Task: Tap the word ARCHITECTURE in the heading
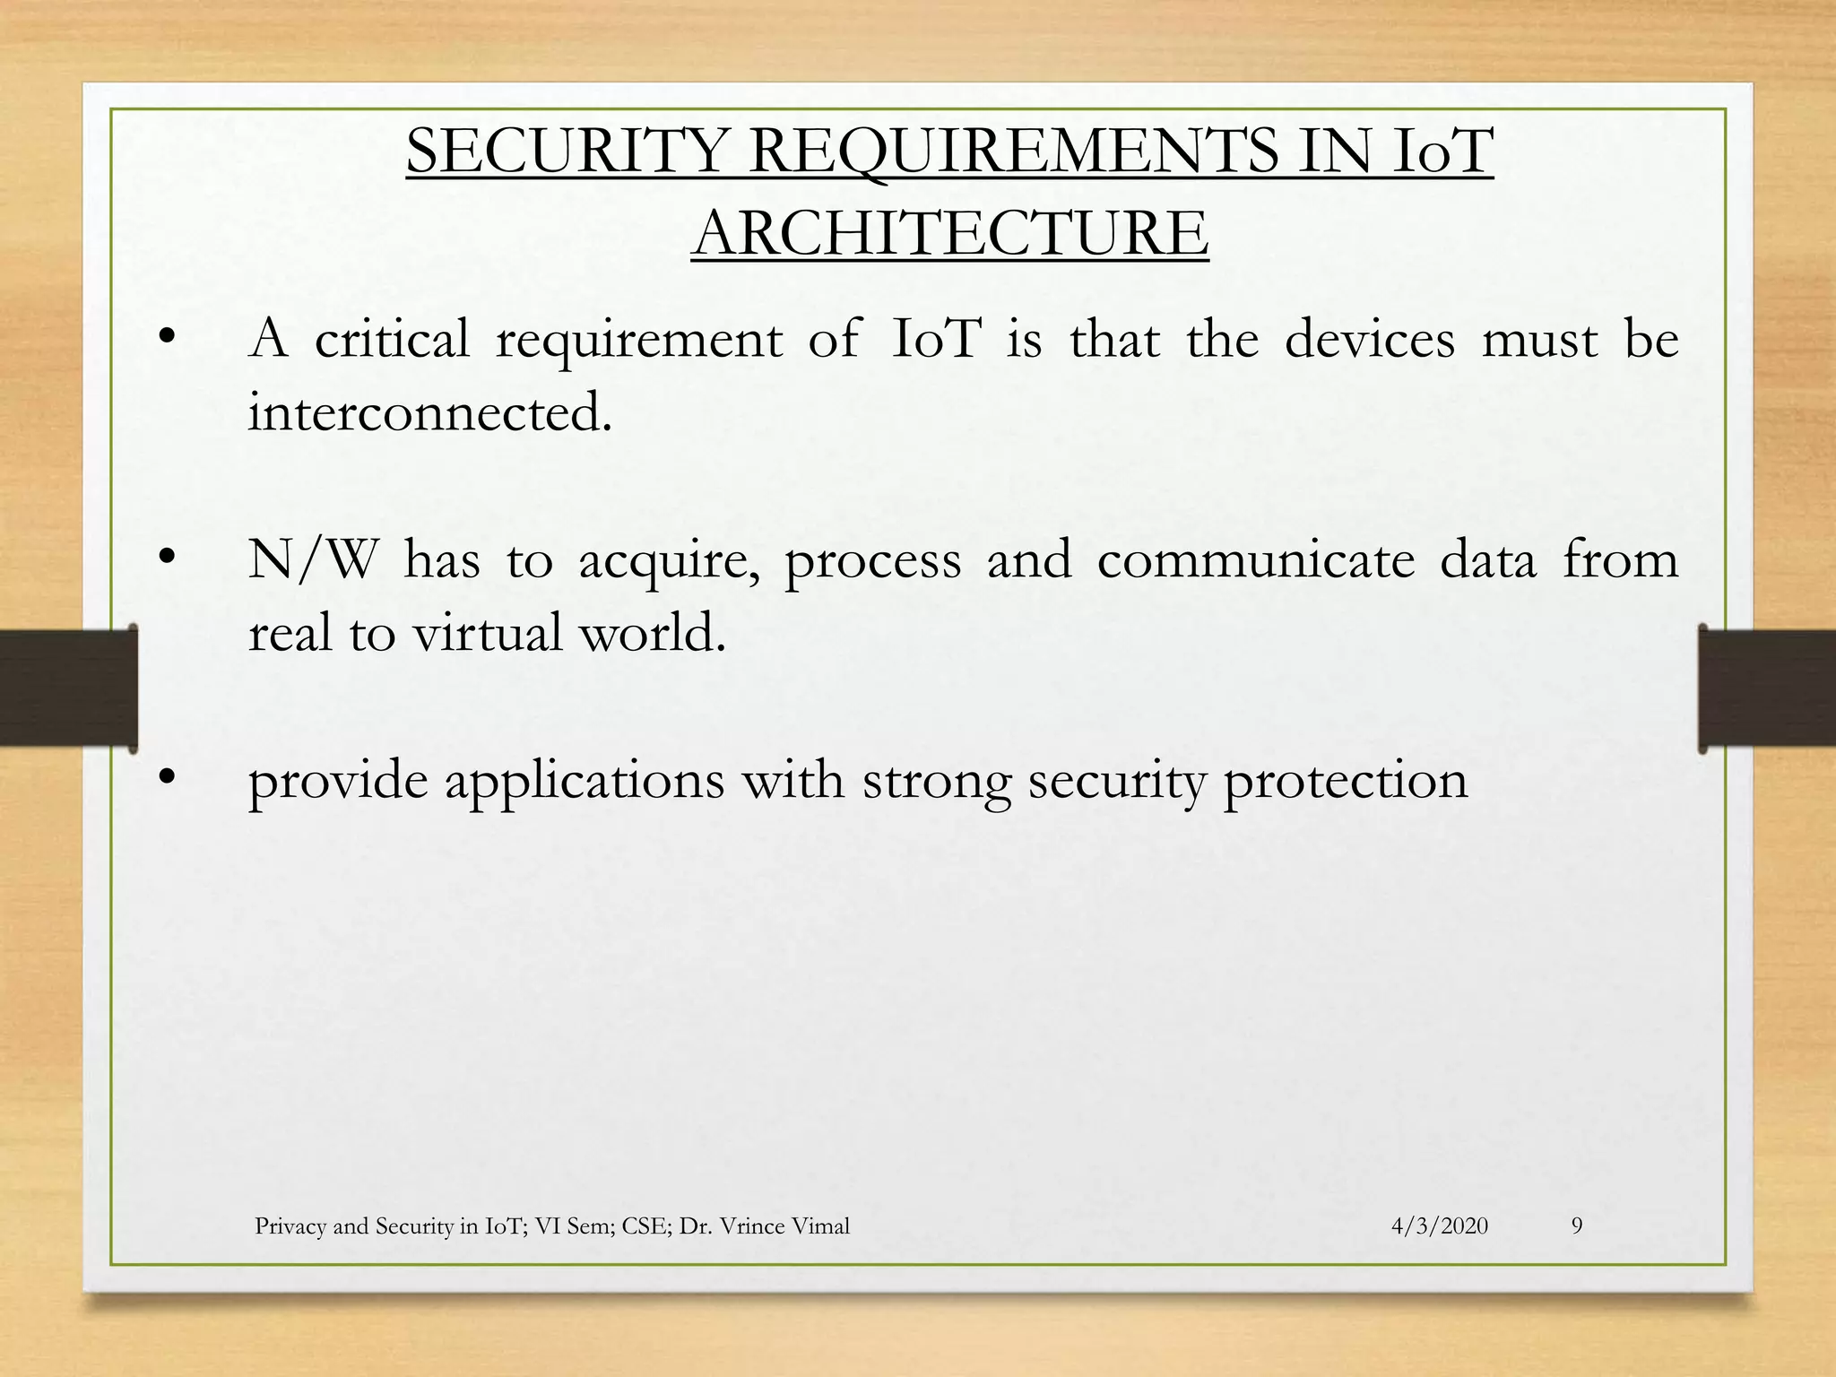click(x=950, y=233)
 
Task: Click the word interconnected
click(x=430, y=412)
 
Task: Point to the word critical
click(x=392, y=340)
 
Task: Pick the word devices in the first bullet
click(x=1369, y=340)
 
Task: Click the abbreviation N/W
click(x=311, y=560)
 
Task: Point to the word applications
click(x=585, y=781)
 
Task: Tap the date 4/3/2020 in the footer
click(x=1440, y=1226)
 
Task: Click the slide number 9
click(x=1577, y=1226)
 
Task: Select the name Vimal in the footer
click(x=820, y=1226)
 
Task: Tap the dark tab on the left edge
click(x=68, y=688)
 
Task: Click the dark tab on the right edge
click(x=1766, y=688)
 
